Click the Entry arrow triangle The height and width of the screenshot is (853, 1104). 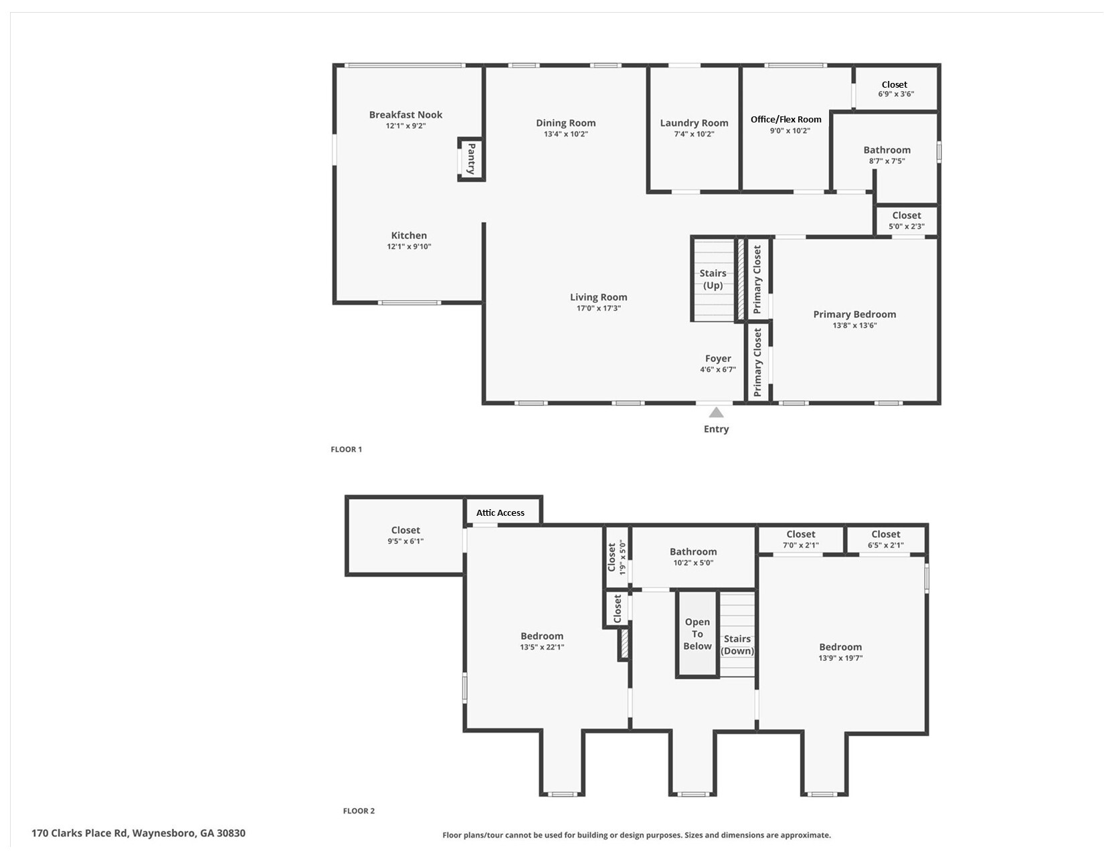tap(716, 413)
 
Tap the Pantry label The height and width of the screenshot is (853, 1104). tap(471, 159)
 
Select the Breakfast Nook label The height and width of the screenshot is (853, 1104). tap(405, 115)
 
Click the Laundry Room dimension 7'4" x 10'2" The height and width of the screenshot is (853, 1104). tap(694, 134)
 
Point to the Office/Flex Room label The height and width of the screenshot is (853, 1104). tap(786, 119)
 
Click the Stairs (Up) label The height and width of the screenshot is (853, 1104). tap(713, 279)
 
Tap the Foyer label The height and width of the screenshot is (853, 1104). tap(718, 359)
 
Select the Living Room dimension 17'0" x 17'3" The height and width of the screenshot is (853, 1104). tap(598, 308)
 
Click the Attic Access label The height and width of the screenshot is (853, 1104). tap(500, 512)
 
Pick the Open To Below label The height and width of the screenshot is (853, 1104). tap(697, 634)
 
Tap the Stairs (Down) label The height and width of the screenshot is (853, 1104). tap(737, 644)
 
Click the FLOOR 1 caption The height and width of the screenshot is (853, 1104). tap(346, 450)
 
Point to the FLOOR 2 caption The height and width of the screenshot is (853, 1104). tap(359, 811)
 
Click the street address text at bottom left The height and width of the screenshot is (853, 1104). tap(139, 833)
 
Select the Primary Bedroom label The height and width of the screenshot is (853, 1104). tap(854, 314)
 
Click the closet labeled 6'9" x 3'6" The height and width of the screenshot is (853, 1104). tap(895, 89)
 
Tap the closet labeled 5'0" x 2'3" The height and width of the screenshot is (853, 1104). tap(906, 220)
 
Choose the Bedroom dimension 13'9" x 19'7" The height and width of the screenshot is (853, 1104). tap(840, 658)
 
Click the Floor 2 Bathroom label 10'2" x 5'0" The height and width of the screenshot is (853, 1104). tap(693, 552)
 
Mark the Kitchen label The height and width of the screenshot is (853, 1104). tap(409, 235)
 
